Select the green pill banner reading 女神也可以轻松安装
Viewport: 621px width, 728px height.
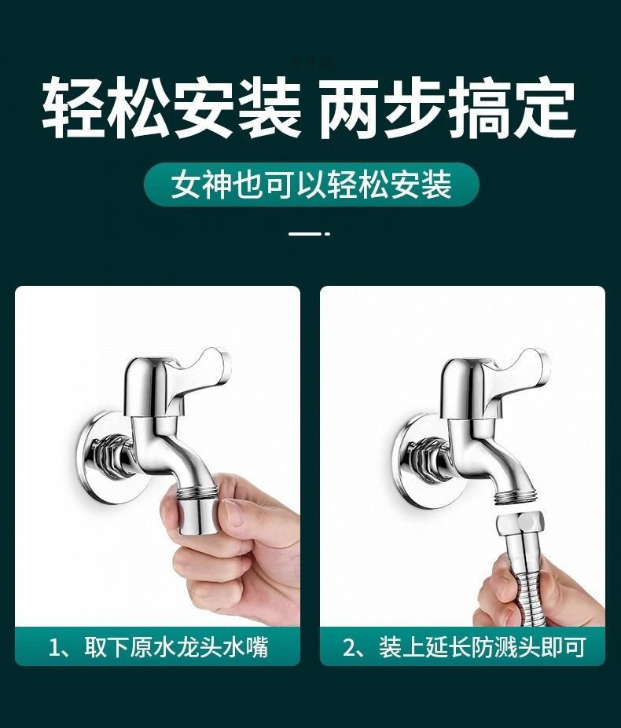tap(310, 185)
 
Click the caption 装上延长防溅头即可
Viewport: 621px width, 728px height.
tap(481, 646)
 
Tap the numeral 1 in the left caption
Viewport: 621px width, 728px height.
tap(54, 647)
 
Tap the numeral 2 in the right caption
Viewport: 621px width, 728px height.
tap(350, 647)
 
